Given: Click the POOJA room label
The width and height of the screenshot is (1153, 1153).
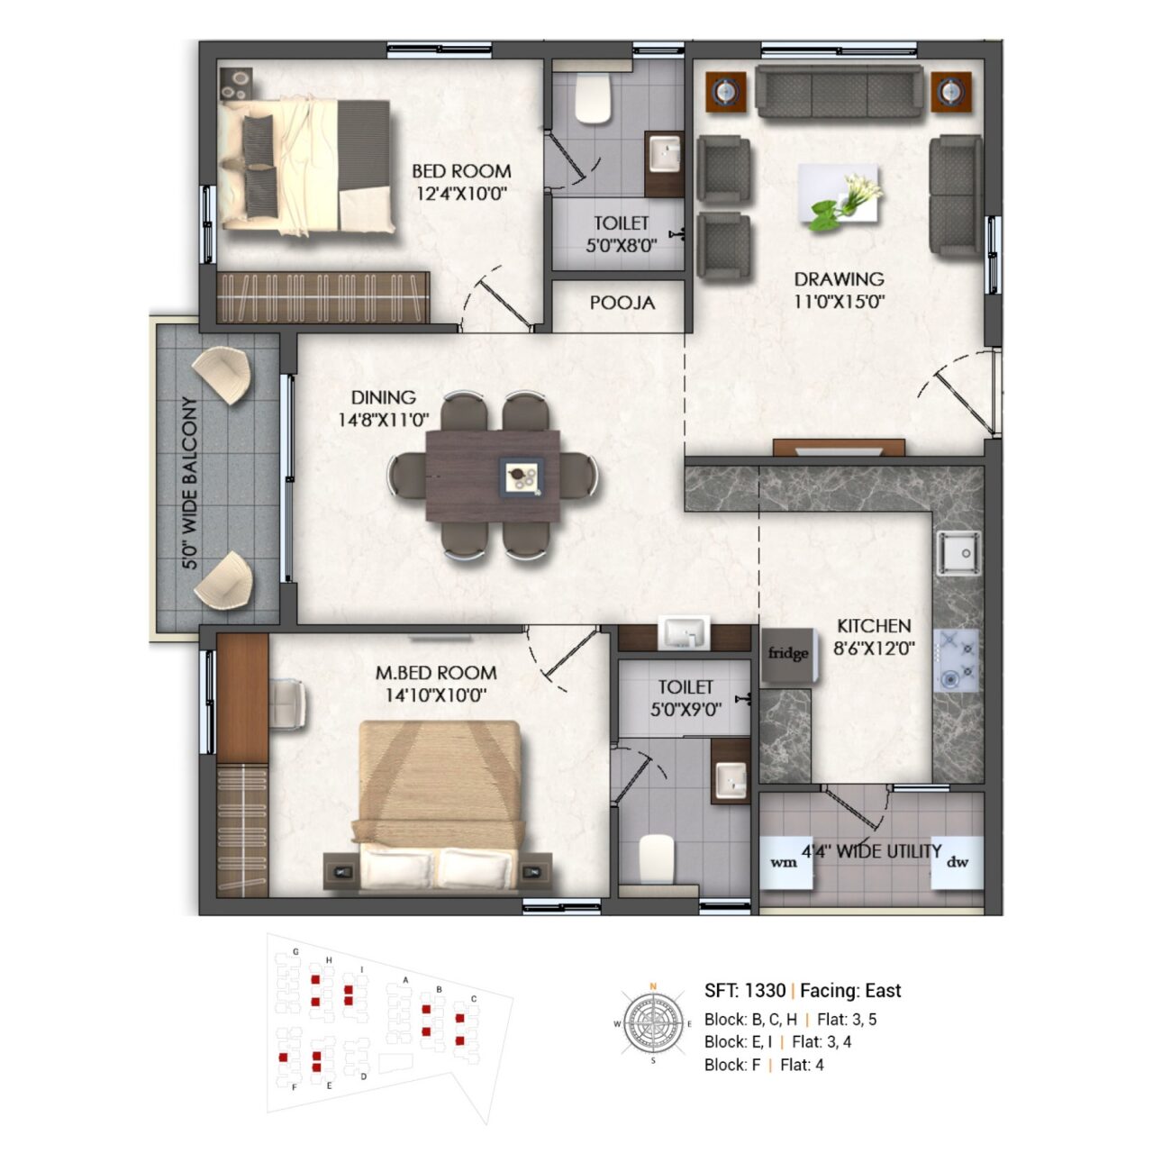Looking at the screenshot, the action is click(622, 303).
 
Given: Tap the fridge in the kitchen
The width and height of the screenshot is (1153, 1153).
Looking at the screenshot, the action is click(788, 655).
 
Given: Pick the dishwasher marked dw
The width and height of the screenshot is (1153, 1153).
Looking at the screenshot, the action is click(958, 862).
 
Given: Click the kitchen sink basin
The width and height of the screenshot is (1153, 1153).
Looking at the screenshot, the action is click(958, 552).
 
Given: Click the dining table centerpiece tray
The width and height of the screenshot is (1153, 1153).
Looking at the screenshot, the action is click(522, 476).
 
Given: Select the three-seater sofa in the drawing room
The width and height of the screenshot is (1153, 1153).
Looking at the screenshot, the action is click(839, 91).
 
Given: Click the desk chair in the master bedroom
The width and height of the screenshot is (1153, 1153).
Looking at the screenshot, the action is click(287, 704).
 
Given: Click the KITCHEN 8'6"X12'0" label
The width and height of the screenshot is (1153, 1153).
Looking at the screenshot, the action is click(874, 637).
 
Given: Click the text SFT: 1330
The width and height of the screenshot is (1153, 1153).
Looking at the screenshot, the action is click(745, 991).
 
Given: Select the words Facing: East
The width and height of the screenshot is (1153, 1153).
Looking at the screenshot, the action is click(850, 991).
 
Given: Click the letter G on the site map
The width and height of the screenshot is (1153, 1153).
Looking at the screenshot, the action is click(295, 951).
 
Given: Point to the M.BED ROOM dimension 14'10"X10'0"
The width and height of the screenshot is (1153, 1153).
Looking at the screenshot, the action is click(436, 695).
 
